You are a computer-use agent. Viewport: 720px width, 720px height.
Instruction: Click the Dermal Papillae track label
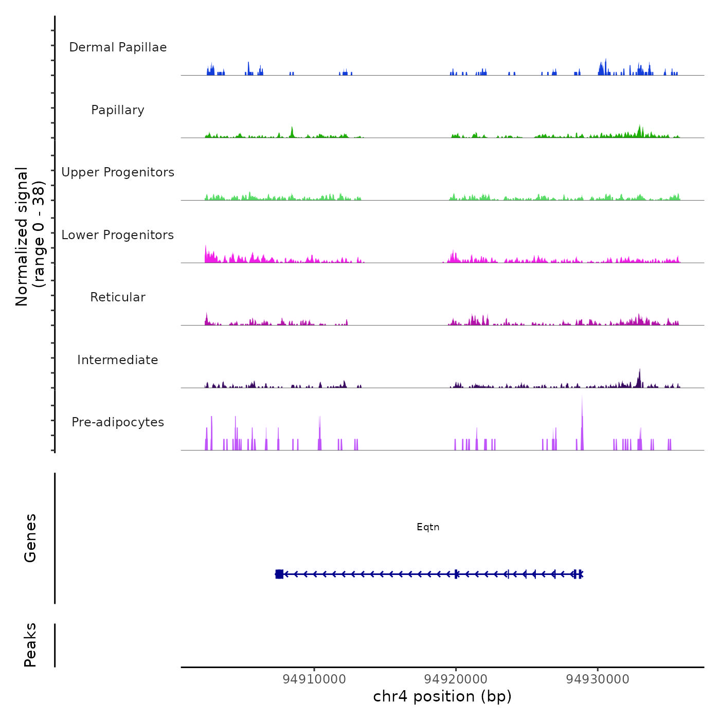point(118,47)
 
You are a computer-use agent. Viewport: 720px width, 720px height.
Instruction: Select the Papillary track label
point(118,110)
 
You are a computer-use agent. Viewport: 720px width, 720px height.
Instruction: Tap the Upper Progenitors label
point(118,172)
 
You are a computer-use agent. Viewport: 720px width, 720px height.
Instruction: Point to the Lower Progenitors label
point(118,235)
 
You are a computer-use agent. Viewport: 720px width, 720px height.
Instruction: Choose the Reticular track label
point(118,297)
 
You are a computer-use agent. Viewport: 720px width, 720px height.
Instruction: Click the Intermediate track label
point(118,360)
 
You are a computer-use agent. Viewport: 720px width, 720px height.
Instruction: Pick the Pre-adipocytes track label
point(118,422)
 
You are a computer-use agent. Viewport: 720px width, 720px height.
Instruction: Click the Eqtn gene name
point(428,527)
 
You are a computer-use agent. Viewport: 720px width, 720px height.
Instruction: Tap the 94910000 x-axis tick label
point(314,679)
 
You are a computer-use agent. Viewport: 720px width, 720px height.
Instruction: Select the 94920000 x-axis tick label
point(456,679)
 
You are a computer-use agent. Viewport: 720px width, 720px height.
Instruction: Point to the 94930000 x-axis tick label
point(598,679)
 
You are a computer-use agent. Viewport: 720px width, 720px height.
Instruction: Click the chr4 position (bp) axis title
point(442,697)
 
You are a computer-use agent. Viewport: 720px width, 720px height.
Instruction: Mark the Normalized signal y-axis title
point(30,237)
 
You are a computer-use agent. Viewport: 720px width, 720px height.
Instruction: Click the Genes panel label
point(30,538)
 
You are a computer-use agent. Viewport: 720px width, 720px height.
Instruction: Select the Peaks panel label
point(30,645)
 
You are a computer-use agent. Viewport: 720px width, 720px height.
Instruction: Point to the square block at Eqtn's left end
point(279,574)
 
